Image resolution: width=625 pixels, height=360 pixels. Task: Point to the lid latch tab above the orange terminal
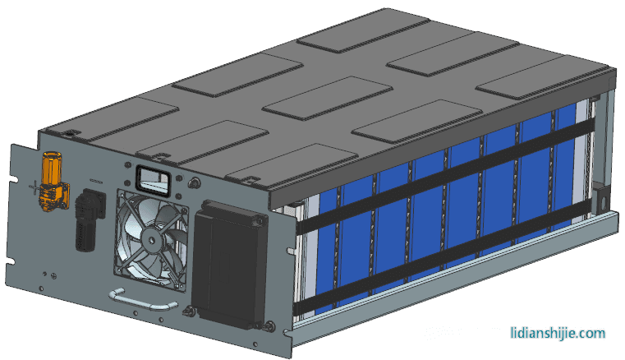coord(72,133)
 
